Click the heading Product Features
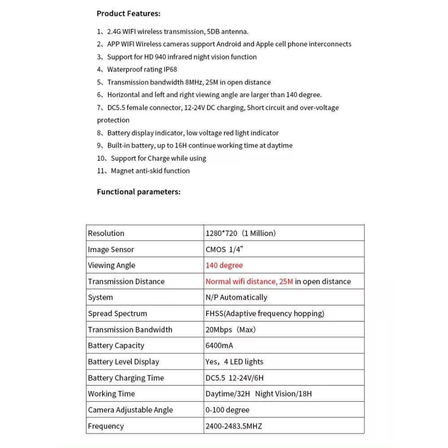pyautogui.click(x=128, y=13)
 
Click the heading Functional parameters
pyautogui.click(x=138, y=192)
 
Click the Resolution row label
pyautogui.click(x=106, y=233)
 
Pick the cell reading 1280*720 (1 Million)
pyautogui.click(x=241, y=233)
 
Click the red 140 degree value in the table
pyautogui.click(x=224, y=265)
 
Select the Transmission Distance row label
pyautogui.click(x=126, y=281)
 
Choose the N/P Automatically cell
pyautogui.click(x=236, y=297)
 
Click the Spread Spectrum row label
pyautogui.click(x=117, y=314)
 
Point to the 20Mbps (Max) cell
pyautogui.click(x=230, y=330)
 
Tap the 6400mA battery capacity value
pyautogui.click(x=219, y=345)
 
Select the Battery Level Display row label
pyautogui.click(x=124, y=362)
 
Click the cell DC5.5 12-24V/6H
pyautogui.click(x=237, y=378)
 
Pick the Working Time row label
pyautogui.click(x=111, y=394)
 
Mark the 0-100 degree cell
pyautogui.click(x=227, y=410)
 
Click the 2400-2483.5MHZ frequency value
pyautogui.click(x=233, y=426)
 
